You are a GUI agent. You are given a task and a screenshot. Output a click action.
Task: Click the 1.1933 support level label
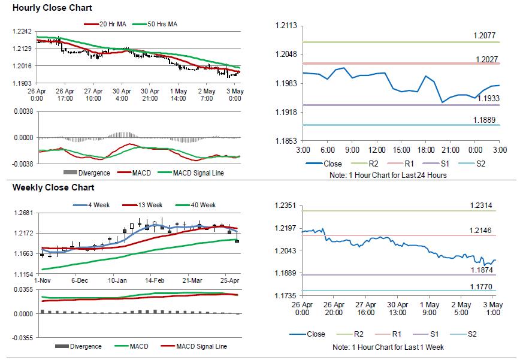click(x=488, y=98)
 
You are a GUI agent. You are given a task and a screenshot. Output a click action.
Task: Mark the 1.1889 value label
click(x=484, y=120)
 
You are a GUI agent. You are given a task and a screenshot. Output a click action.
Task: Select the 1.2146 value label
click(x=481, y=230)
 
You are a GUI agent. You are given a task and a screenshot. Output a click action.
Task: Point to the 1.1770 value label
click(x=481, y=286)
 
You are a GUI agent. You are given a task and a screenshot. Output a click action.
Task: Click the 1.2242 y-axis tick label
click(x=22, y=32)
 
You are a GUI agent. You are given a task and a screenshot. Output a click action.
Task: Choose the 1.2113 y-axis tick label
click(x=286, y=26)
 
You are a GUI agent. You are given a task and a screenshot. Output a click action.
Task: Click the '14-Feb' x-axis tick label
click(x=155, y=280)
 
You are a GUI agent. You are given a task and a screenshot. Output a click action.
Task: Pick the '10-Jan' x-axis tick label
click(x=117, y=280)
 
